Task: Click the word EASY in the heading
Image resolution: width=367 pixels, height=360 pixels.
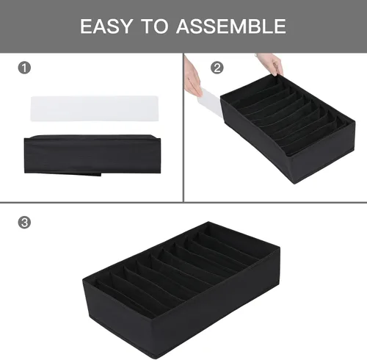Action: pyautogui.click(x=106, y=26)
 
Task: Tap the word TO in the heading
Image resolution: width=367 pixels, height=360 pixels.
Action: pyautogui.click(x=155, y=26)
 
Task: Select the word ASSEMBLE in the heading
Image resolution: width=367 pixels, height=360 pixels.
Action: pyautogui.click(x=231, y=26)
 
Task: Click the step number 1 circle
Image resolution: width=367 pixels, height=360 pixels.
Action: pyautogui.click(x=24, y=68)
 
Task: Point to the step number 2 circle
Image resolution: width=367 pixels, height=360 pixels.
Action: pyautogui.click(x=217, y=68)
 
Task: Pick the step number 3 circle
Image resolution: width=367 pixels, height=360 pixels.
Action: pyautogui.click(x=24, y=223)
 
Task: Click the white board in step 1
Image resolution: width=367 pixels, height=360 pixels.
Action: pyautogui.click(x=95, y=108)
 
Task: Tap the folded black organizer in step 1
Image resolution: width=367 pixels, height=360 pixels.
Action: pyautogui.click(x=92, y=155)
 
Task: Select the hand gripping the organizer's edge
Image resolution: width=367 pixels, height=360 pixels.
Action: pyautogui.click(x=271, y=64)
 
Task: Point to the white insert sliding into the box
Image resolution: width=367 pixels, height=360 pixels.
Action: pyautogui.click(x=212, y=104)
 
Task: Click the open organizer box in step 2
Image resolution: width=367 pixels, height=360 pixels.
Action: pyautogui.click(x=288, y=129)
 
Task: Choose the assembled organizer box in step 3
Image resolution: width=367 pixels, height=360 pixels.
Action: pyautogui.click(x=181, y=289)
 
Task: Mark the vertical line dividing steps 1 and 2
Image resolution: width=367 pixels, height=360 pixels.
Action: pyautogui.click(x=183, y=128)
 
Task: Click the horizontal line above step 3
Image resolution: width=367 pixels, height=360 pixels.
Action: pyautogui.click(x=183, y=202)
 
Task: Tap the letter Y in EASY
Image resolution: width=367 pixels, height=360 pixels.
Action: pyautogui.click(x=126, y=26)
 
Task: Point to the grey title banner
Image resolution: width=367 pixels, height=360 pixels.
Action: pyautogui.click(x=183, y=26)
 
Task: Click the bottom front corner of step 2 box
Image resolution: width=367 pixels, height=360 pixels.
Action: pyautogui.click(x=294, y=183)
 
